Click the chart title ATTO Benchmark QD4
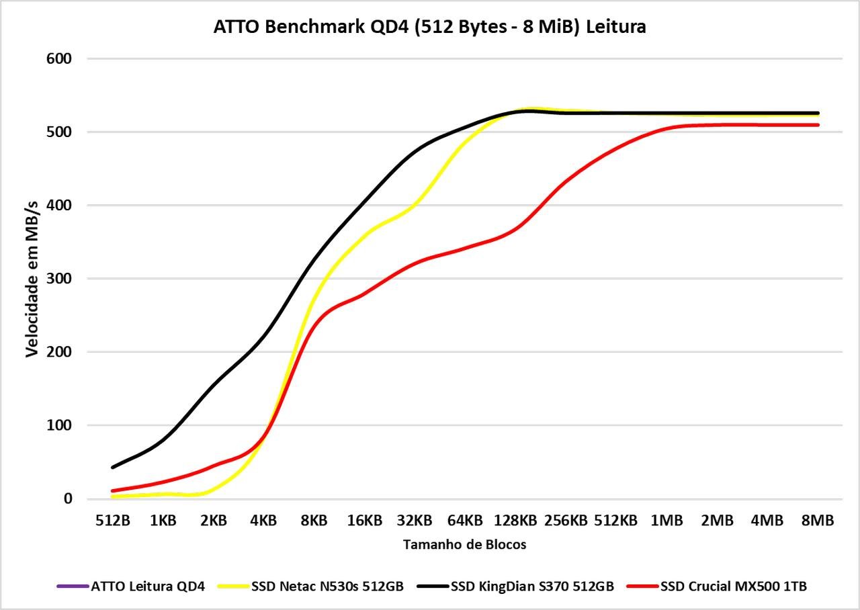[429, 27]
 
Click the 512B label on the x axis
[113, 521]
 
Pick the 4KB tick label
[263, 521]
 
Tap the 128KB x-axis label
[515, 521]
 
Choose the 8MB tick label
[818, 521]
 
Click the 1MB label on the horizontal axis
[666, 521]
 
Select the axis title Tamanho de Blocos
[465, 545]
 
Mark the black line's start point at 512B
[113, 467]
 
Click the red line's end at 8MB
[818, 125]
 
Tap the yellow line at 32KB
[415, 202]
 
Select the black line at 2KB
[214, 384]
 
